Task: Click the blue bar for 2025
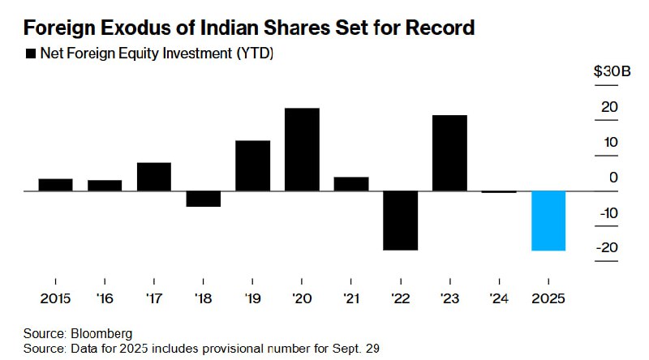(x=548, y=221)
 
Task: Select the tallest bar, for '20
(x=302, y=149)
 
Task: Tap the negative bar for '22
(x=400, y=221)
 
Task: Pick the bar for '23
(x=449, y=153)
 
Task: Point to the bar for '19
(x=252, y=165)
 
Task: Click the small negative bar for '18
(x=203, y=199)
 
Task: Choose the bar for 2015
(x=56, y=184)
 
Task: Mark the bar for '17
(x=154, y=177)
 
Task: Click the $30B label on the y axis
(x=612, y=72)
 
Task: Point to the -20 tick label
(x=610, y=248)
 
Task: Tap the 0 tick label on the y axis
(x=614, y=178)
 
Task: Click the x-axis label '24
(x=499, y=298)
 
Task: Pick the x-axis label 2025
(x=548, y=298)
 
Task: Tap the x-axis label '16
(x=105, y=298)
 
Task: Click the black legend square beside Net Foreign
(x=31, y=54)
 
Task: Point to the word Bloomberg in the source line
(x=101, y=333)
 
